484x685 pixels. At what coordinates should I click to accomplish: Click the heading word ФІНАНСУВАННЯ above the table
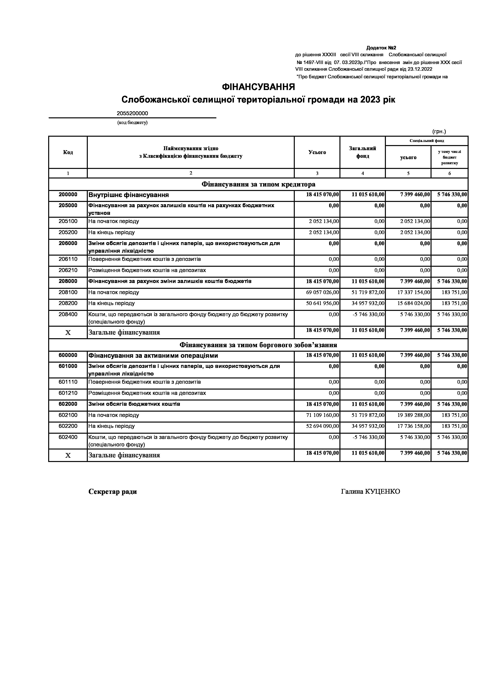tap(258, 87)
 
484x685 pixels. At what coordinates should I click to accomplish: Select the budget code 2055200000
tap(132, 113)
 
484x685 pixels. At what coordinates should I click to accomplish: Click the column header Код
tap(68, 152)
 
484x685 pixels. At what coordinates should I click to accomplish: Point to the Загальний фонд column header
tap(362, 152)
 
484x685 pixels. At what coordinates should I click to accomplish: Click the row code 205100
tap(68, 221)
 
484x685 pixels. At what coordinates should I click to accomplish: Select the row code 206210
tap(68, 270)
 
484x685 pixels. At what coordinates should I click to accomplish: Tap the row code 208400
tap(68, 314)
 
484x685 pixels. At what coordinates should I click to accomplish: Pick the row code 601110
tap(68, 382)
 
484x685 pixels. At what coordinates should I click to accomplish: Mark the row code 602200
tap(68, 426)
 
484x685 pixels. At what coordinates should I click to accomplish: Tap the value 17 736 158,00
tap(414, 426)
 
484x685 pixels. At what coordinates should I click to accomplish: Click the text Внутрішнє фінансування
tap(128, 195)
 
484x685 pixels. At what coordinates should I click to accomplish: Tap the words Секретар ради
tap(113, 492)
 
